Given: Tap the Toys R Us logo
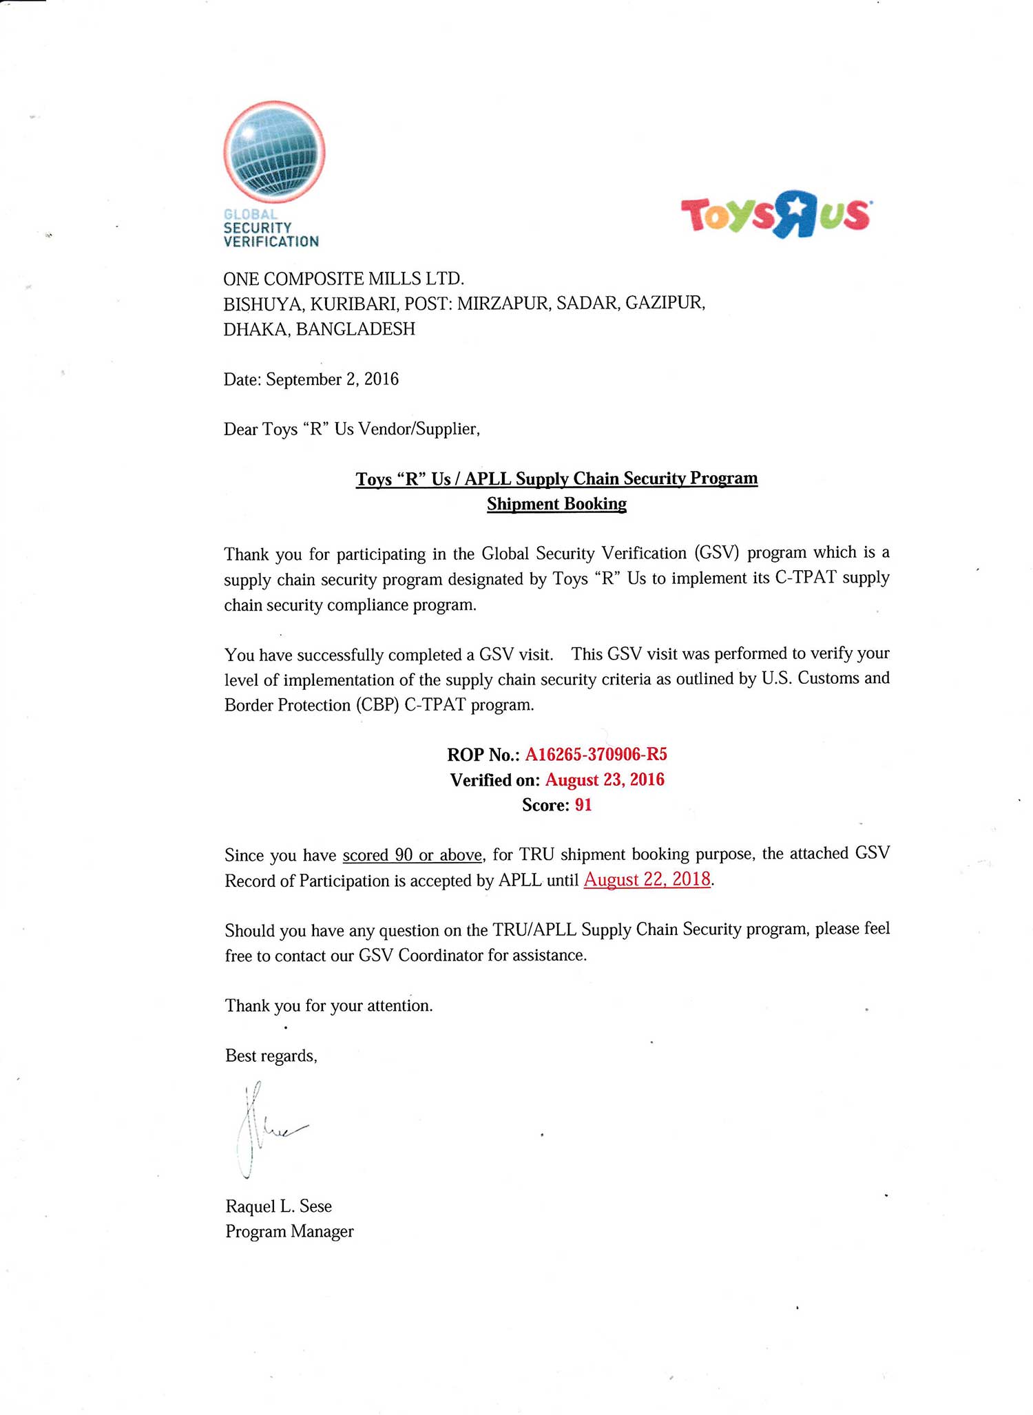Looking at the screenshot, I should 775,214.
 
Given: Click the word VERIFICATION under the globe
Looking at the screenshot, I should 271,242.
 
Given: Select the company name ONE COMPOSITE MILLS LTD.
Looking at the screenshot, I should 344,278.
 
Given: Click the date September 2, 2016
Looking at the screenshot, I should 332,379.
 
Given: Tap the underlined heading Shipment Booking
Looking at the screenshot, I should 556,504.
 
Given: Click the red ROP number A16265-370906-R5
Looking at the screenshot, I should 596,755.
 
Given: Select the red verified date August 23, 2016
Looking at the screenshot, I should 605,780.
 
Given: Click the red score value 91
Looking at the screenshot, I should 583,805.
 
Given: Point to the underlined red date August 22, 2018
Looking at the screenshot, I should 647,880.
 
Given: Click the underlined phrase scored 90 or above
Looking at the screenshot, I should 413,855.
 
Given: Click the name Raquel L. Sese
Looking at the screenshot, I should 278,1206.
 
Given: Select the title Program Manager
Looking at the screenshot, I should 289,1231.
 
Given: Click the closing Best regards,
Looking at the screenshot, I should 271,1056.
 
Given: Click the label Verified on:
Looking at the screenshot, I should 495,780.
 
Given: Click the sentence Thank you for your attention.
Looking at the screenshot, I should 329,1005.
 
